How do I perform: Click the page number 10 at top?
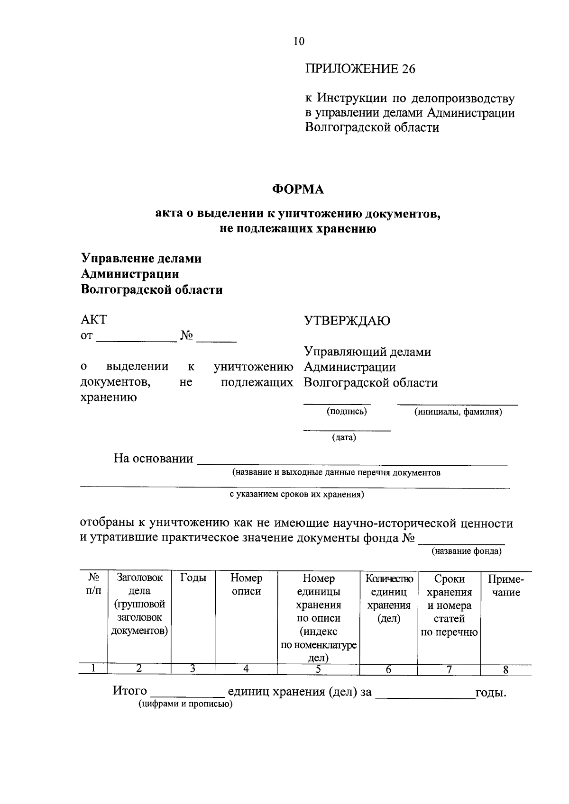tap(299, 41)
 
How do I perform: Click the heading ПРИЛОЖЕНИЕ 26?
tap(359, 69)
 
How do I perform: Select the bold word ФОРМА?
tap(298, 190)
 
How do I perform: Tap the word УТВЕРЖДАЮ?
tap(347, 321)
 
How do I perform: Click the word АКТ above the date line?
tap(94, 320)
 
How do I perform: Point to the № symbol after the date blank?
tap(186, 336)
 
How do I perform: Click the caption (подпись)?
tap(347, 411)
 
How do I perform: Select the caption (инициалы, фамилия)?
tap(458, 412)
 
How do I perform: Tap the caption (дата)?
tap(344, 437)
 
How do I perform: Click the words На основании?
tap(153, 459)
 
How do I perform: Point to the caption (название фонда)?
tap(466, 551)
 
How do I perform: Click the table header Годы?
tap(193, 578)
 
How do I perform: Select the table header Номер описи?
tap(246, 585)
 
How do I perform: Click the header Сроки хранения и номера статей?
tap(449, 605)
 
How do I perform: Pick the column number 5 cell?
tap(318, 669)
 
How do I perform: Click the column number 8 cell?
tap(505, 669)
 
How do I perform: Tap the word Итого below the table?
tap(129, 691)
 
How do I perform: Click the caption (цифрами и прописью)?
tap(185, 704)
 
